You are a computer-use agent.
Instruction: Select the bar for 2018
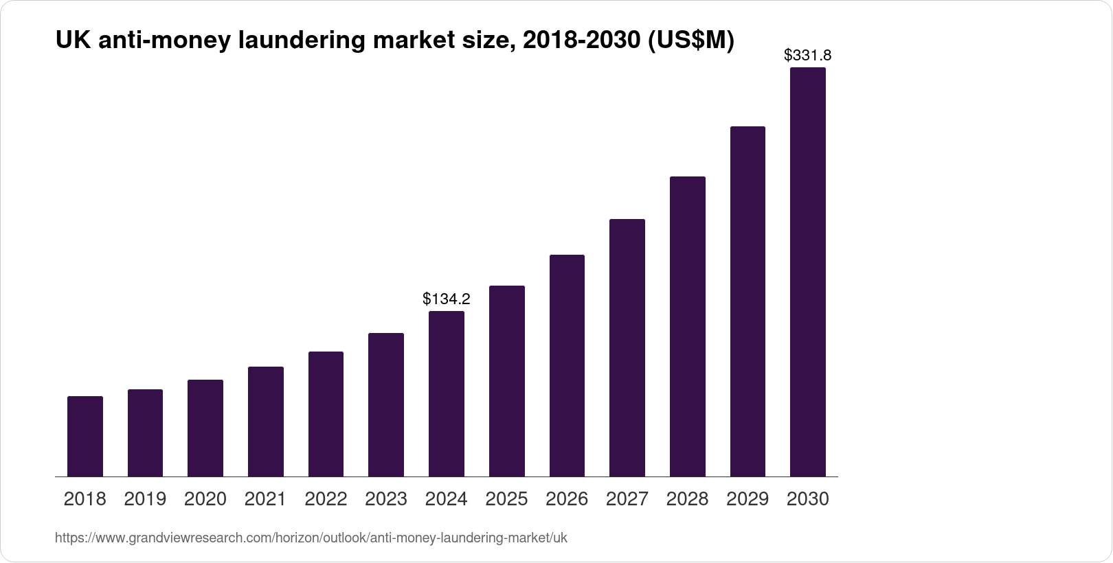[85, 436]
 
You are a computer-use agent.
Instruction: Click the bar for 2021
[266, 422]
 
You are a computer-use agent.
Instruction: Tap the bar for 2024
[447, 393]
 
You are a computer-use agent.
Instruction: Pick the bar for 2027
[627, 347]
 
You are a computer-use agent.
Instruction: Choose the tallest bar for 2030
[808, 272]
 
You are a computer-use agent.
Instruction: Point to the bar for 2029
[747, 301]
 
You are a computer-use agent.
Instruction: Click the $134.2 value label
[447, 299]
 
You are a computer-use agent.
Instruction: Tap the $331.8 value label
[808, 55]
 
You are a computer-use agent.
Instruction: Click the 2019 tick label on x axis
[145, 499]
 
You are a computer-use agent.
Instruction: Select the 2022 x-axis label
[326, 499]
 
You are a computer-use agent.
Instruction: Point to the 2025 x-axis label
[506, 499]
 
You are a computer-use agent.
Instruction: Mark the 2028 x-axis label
[687, 499]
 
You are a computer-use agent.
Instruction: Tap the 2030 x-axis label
[808, 499]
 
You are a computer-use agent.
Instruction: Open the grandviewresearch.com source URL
[311, 538]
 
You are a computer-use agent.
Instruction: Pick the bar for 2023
[386, 404]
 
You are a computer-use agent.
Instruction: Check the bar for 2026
[567, 365]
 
